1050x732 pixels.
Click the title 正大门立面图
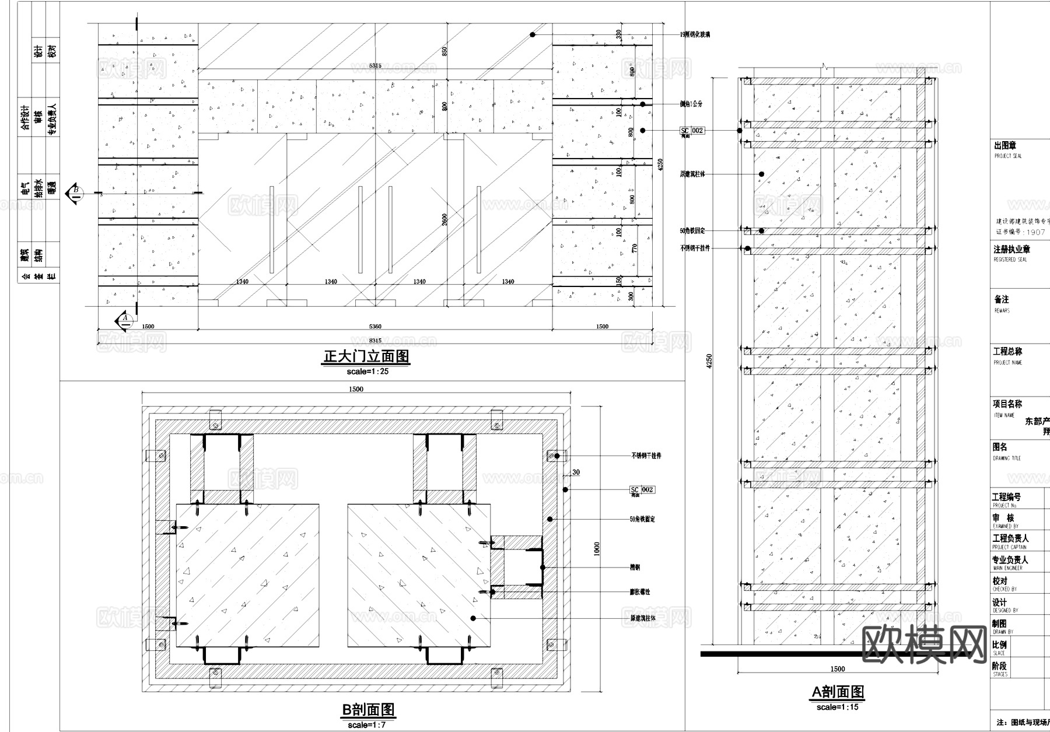coord(366,356)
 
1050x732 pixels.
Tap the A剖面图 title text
coord(838,692)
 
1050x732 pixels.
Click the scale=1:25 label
coord(367,372)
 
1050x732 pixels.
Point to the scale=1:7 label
coord(367,725)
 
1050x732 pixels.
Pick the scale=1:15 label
coord(837,707)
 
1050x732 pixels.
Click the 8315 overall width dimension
coord(375,341)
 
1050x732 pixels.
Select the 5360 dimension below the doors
coord(375,327)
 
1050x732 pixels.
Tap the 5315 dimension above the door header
coord(375,66)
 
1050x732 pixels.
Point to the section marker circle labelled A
coord(124,319)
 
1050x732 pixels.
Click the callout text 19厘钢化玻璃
coord(695,35)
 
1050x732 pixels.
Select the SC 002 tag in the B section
coord(642,490)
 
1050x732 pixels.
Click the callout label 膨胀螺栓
coord(639,592)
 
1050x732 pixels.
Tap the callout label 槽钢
coord(635,567)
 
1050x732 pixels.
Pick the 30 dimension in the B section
coord(576,472)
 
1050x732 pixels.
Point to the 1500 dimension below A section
coord(837,669)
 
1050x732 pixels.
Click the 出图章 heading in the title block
coord(1005,146)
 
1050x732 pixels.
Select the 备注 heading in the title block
coord(1001,299)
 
